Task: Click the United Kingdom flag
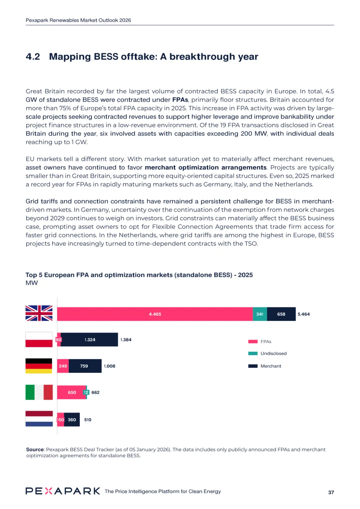39,313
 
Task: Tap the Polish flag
39,339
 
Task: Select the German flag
39,366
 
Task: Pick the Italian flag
39,392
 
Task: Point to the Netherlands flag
39,419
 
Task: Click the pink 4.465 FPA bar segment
155,314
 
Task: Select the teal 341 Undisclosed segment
260,314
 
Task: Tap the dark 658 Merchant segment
281,314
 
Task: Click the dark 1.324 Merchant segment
90,340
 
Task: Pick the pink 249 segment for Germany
63,366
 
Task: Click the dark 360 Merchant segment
72,420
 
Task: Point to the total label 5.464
303,314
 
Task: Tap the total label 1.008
109,366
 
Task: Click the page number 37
331,492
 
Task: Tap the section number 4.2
33,57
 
